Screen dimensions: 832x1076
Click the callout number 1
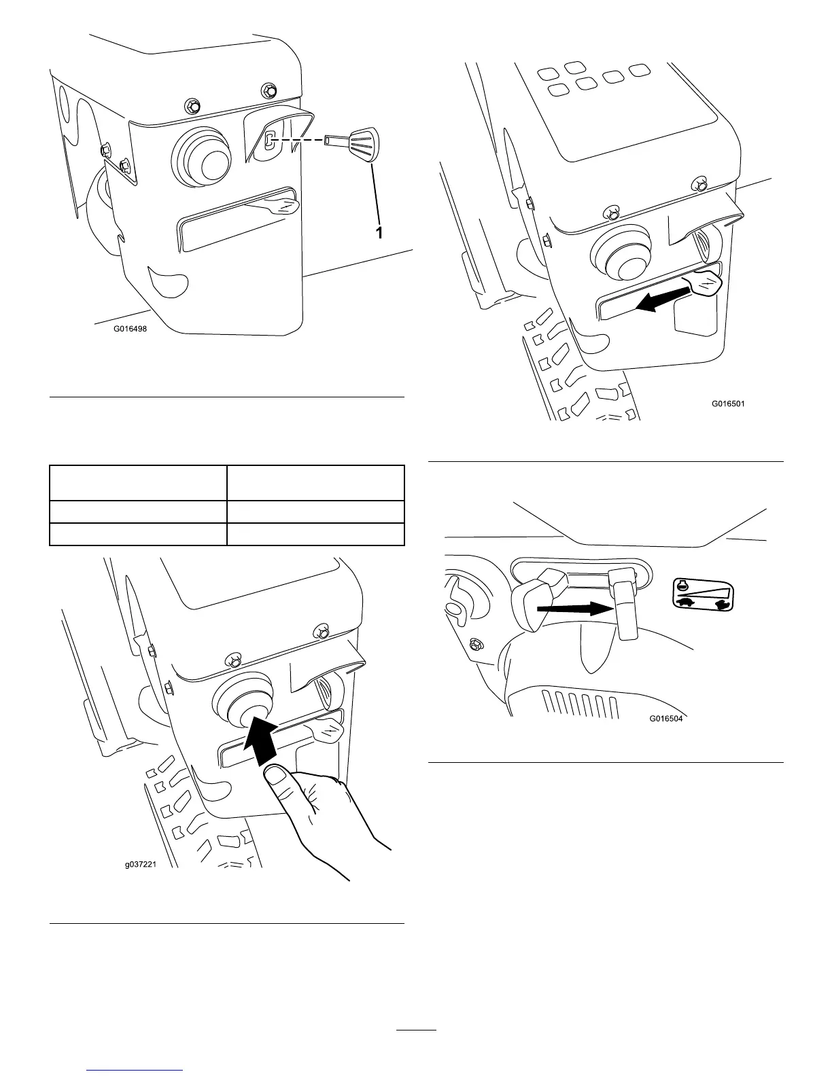click(380, 232)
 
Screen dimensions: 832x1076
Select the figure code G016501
click(728, 403)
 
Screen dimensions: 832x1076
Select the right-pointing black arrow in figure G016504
click(574, 609)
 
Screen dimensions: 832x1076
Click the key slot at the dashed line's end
click(269, 140)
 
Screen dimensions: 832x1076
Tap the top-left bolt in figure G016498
click(193, 105)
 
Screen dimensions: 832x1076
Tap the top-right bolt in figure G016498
click(270, 90)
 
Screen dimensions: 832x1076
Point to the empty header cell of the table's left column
click(138, 483)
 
